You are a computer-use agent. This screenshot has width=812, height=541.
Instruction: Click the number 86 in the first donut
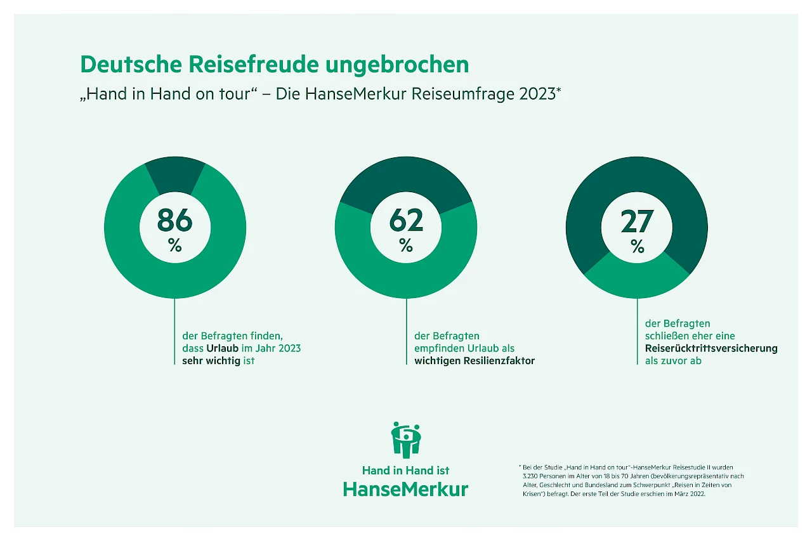pos(174,220)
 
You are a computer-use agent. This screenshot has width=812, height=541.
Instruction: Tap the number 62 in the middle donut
pos(406,220)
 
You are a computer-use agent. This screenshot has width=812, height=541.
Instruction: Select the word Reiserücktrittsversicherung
pos(710,348)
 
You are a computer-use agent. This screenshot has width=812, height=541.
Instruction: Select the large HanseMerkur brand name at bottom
pos(405,489)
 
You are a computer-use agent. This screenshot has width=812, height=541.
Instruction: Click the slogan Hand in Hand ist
pos(405,470)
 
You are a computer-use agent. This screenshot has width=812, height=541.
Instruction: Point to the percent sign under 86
pos(174,245)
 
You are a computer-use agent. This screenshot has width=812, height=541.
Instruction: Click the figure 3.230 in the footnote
pos(531,475)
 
